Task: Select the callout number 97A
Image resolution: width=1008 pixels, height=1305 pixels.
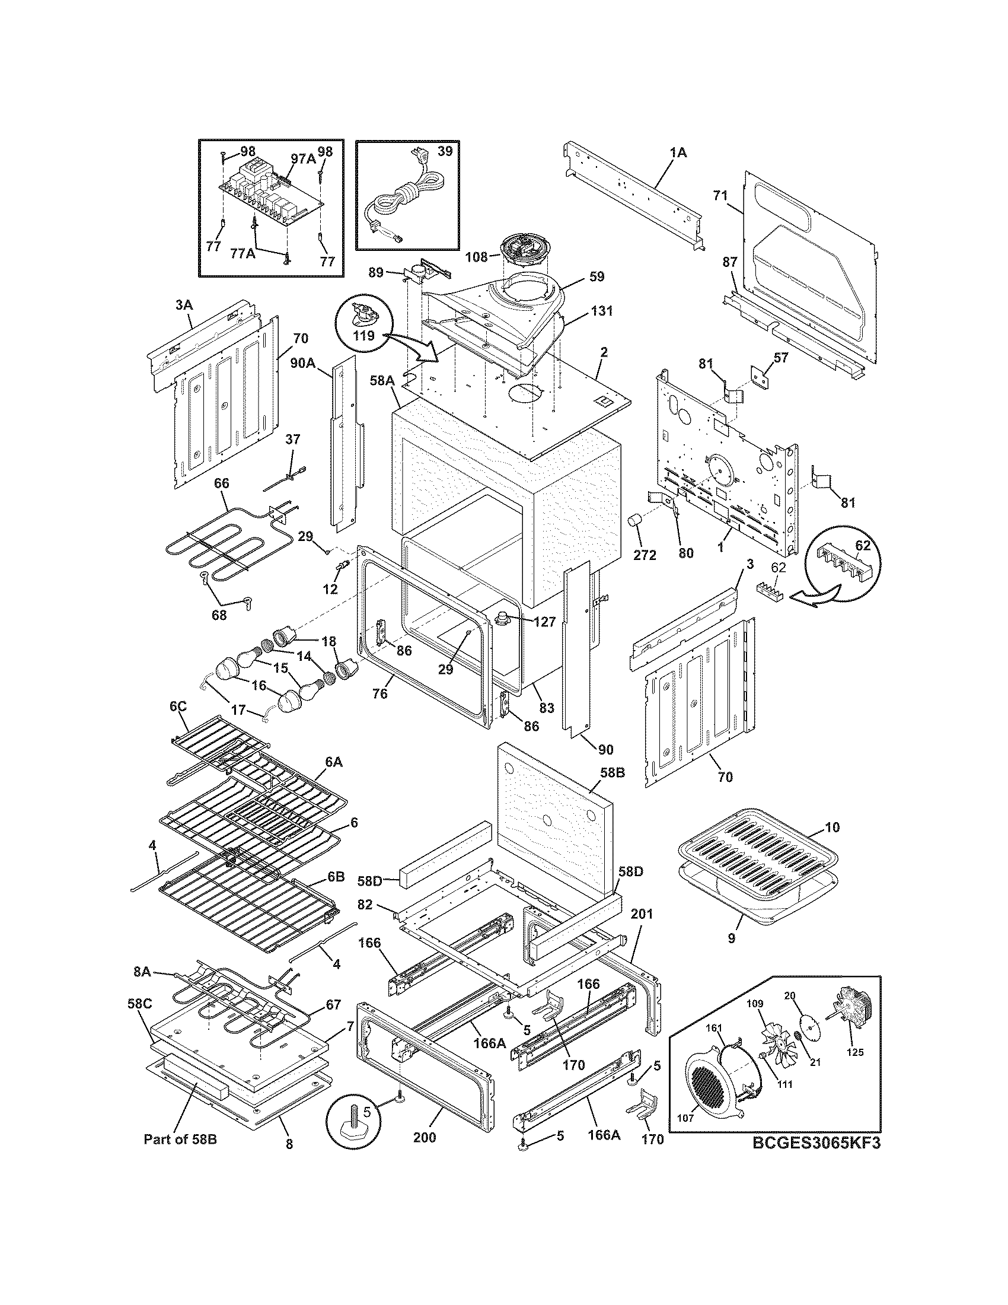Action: (x=303, y=158)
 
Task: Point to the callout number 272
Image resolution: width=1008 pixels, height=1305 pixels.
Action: (x=645, y=555)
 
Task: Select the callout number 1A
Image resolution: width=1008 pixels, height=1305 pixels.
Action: (x=678, y=153)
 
